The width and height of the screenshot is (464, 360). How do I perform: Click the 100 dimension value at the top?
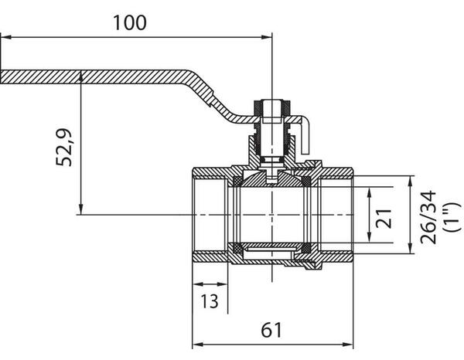(x=129, y=22)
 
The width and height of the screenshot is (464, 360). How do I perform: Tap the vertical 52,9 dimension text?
(x=65, y=147)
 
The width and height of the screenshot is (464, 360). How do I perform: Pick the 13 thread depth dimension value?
(x=208, y=300)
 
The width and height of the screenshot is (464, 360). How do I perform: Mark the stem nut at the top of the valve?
(x=272, y=107)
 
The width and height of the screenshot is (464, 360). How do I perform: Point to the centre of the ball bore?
(x=272, y=215)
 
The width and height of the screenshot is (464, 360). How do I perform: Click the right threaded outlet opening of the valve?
(x=336, y=215)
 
